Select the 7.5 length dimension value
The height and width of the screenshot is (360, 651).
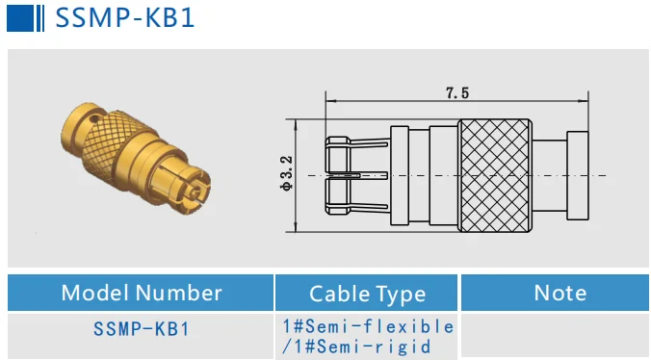point(456,93)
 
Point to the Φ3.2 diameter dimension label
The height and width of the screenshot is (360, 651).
point(286,174)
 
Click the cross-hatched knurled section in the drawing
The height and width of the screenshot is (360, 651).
point(494,175)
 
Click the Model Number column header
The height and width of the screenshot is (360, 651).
point(142,293)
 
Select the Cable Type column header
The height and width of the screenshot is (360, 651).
point(367,294)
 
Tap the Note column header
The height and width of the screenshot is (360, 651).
point(559,293)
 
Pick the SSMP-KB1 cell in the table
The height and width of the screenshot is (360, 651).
point(142,328)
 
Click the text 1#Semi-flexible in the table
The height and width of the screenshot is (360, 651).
point(367,325)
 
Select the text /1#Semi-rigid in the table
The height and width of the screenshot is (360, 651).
point(356,347)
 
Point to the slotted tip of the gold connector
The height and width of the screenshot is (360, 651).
point(194,189)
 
